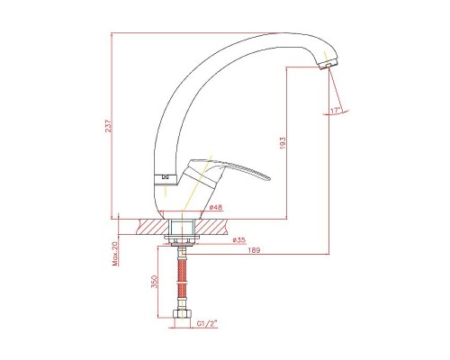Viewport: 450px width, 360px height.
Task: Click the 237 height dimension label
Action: [108, 126]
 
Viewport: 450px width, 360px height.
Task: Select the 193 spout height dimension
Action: [283, 143]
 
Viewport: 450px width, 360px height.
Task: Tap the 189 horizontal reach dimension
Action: [254, 250]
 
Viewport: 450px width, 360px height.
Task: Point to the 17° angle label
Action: [336, 111]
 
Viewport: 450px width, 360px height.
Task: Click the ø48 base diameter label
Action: [216, 207]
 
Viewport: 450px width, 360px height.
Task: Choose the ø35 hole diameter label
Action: [239, 239]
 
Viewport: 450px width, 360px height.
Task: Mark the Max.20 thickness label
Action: [115, 254]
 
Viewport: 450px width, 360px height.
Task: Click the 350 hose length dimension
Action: [154, 282]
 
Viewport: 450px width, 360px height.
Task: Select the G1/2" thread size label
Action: [207, 323]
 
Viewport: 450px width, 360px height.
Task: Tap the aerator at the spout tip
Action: [328, 65]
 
